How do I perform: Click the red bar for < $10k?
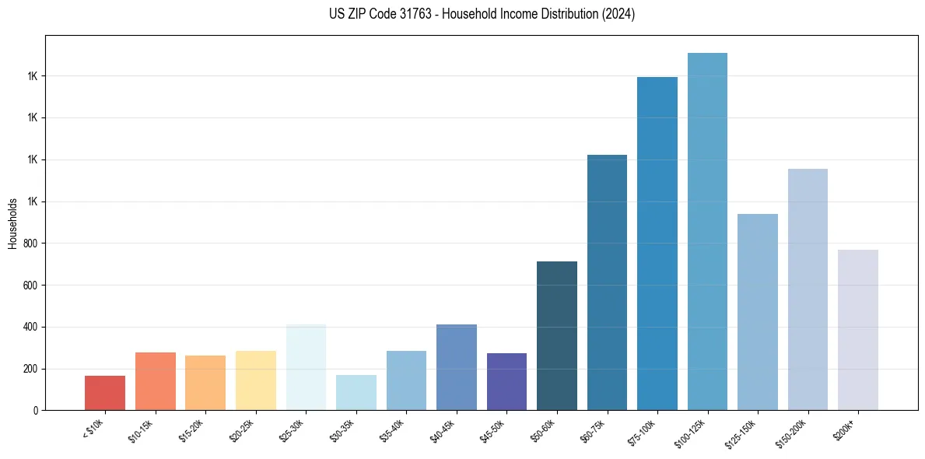coord(105,393)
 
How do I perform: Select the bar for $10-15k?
coord(155,381)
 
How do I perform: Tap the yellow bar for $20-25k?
coord(255,380)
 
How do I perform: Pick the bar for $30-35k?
coord(356,393)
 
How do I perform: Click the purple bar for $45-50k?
coord(506,382)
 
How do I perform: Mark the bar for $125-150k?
coord(758,312)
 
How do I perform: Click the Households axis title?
coord(12,223)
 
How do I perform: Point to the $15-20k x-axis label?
coord(194,429)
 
